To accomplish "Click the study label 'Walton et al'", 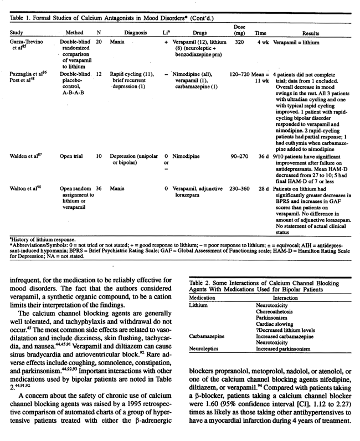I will [x=27, y=204].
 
